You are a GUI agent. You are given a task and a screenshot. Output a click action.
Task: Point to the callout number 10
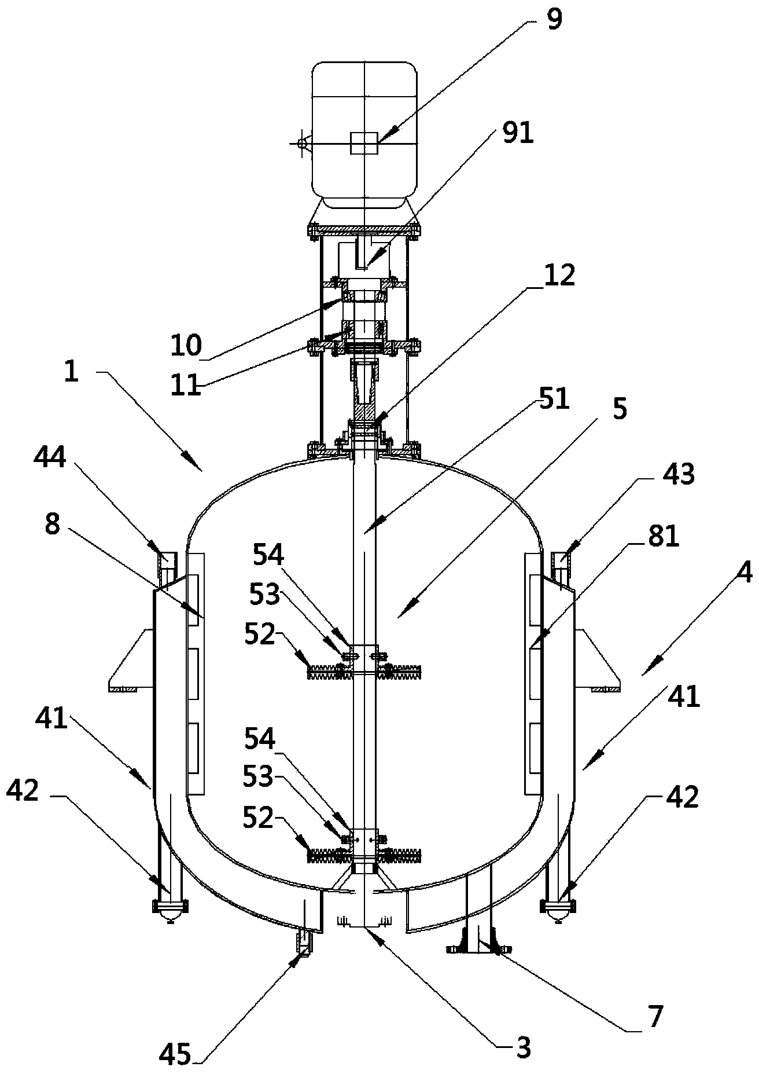pyautogui.click(x=186, y=346)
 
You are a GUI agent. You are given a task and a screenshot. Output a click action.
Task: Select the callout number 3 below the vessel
pyautogui.click(x=523, y=1048)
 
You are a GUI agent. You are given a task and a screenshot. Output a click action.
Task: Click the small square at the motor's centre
pyautogui.click(x=364, y=142)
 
